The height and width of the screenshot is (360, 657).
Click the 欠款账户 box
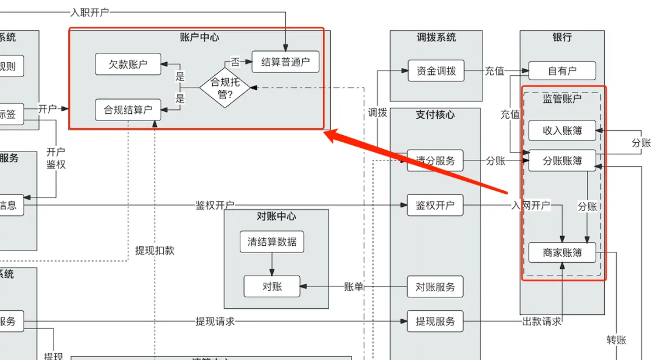(128, 64)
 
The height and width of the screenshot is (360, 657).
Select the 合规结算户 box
(128, 110)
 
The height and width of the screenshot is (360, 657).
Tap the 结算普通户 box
(285, 61)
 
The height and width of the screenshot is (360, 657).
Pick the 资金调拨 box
(436, 71)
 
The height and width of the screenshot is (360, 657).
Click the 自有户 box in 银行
(562, 71)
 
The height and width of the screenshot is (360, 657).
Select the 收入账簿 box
(562, 130)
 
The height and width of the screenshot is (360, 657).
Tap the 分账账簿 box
(562, 161)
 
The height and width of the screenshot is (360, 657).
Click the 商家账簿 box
(562, 252)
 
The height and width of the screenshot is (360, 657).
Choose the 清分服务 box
(435, 161)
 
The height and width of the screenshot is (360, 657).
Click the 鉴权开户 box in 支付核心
(435, 206)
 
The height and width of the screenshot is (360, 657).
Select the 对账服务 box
(435, 286)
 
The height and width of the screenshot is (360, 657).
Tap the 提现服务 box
(435, 321)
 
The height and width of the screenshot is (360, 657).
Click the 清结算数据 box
(272, 241)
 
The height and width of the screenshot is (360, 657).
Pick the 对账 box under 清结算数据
(272, 286)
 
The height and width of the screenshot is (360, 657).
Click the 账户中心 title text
(200, 37)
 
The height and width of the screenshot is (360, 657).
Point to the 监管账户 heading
(562, 99)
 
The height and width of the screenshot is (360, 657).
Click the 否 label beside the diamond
(235, 62)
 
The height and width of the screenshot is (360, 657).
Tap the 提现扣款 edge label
(155, 250)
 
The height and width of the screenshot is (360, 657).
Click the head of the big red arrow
(328, 134)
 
